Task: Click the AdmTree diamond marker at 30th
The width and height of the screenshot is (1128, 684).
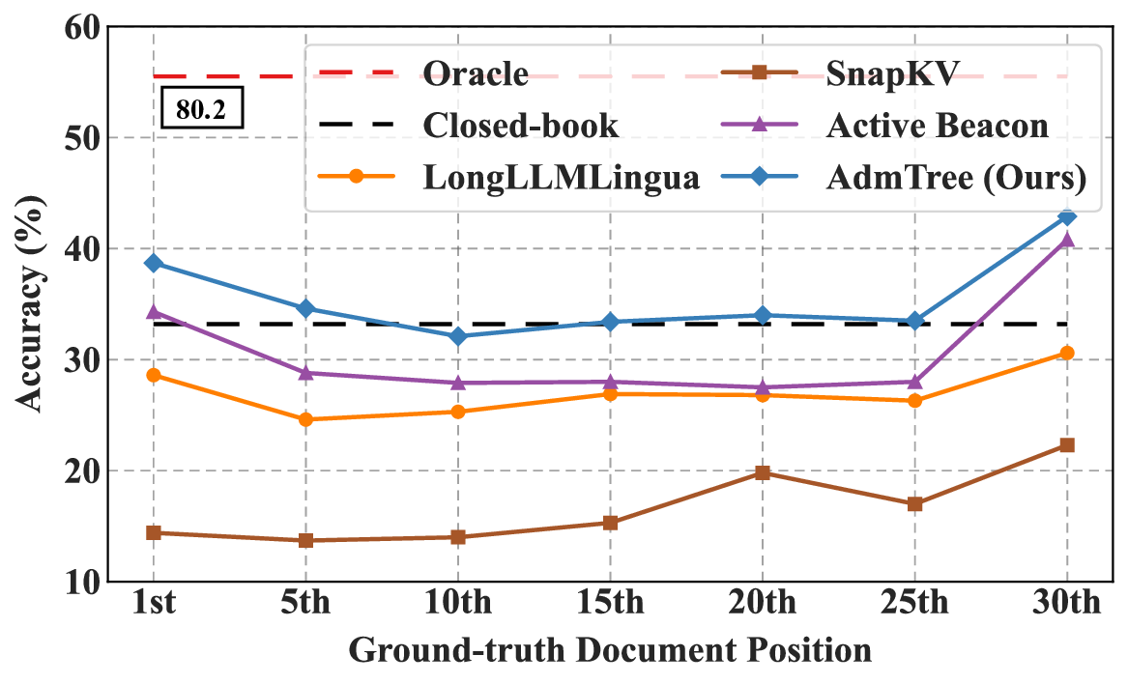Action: tap(1067, 217)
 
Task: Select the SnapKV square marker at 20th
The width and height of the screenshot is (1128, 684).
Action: tap(763, 472)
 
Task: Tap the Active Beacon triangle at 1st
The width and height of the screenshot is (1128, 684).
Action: tap(153, 311)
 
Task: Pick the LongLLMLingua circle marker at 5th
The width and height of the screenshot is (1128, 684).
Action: tap(305, 419)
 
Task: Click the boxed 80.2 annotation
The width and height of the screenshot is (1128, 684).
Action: tap(201, 110)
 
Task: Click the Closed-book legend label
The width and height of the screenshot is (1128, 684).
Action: tap(521, 125)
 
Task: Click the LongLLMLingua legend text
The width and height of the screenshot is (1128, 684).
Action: tap(561, 178)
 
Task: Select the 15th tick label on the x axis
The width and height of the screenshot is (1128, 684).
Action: tap(610, 607)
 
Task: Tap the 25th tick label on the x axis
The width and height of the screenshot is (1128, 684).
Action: tap(914, 607)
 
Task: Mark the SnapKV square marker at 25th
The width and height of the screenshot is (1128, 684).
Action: tap(914, 504)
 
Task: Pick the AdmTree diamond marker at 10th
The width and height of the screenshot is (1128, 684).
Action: tap(458, 336)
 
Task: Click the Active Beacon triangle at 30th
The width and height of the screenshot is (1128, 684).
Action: tap(1067, 240)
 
